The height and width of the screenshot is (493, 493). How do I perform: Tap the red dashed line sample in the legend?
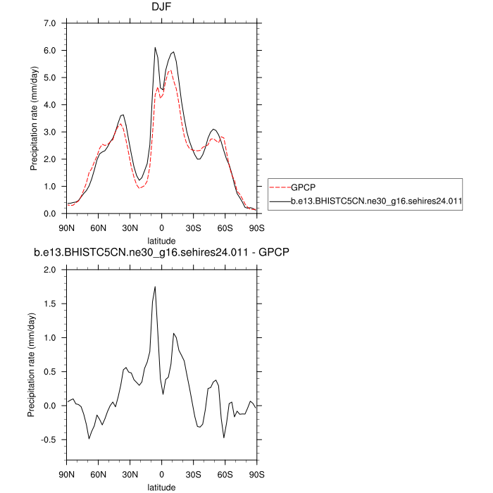[x=279, y=187]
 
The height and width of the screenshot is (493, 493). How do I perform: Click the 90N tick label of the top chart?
[x=67, y=227]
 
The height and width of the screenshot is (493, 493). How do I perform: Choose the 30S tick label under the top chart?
[x=193, y=227]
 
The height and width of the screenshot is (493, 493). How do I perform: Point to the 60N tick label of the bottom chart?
[x=99, y=474]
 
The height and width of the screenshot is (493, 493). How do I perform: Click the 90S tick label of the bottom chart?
[x=256, y=474]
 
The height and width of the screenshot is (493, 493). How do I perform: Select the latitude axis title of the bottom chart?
[x=161, y=487]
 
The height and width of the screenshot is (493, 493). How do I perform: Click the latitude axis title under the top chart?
[x=161, y=240]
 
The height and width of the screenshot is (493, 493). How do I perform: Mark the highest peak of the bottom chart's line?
[x=155, y=287]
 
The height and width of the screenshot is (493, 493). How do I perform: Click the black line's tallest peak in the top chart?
[x=156, y=48]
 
